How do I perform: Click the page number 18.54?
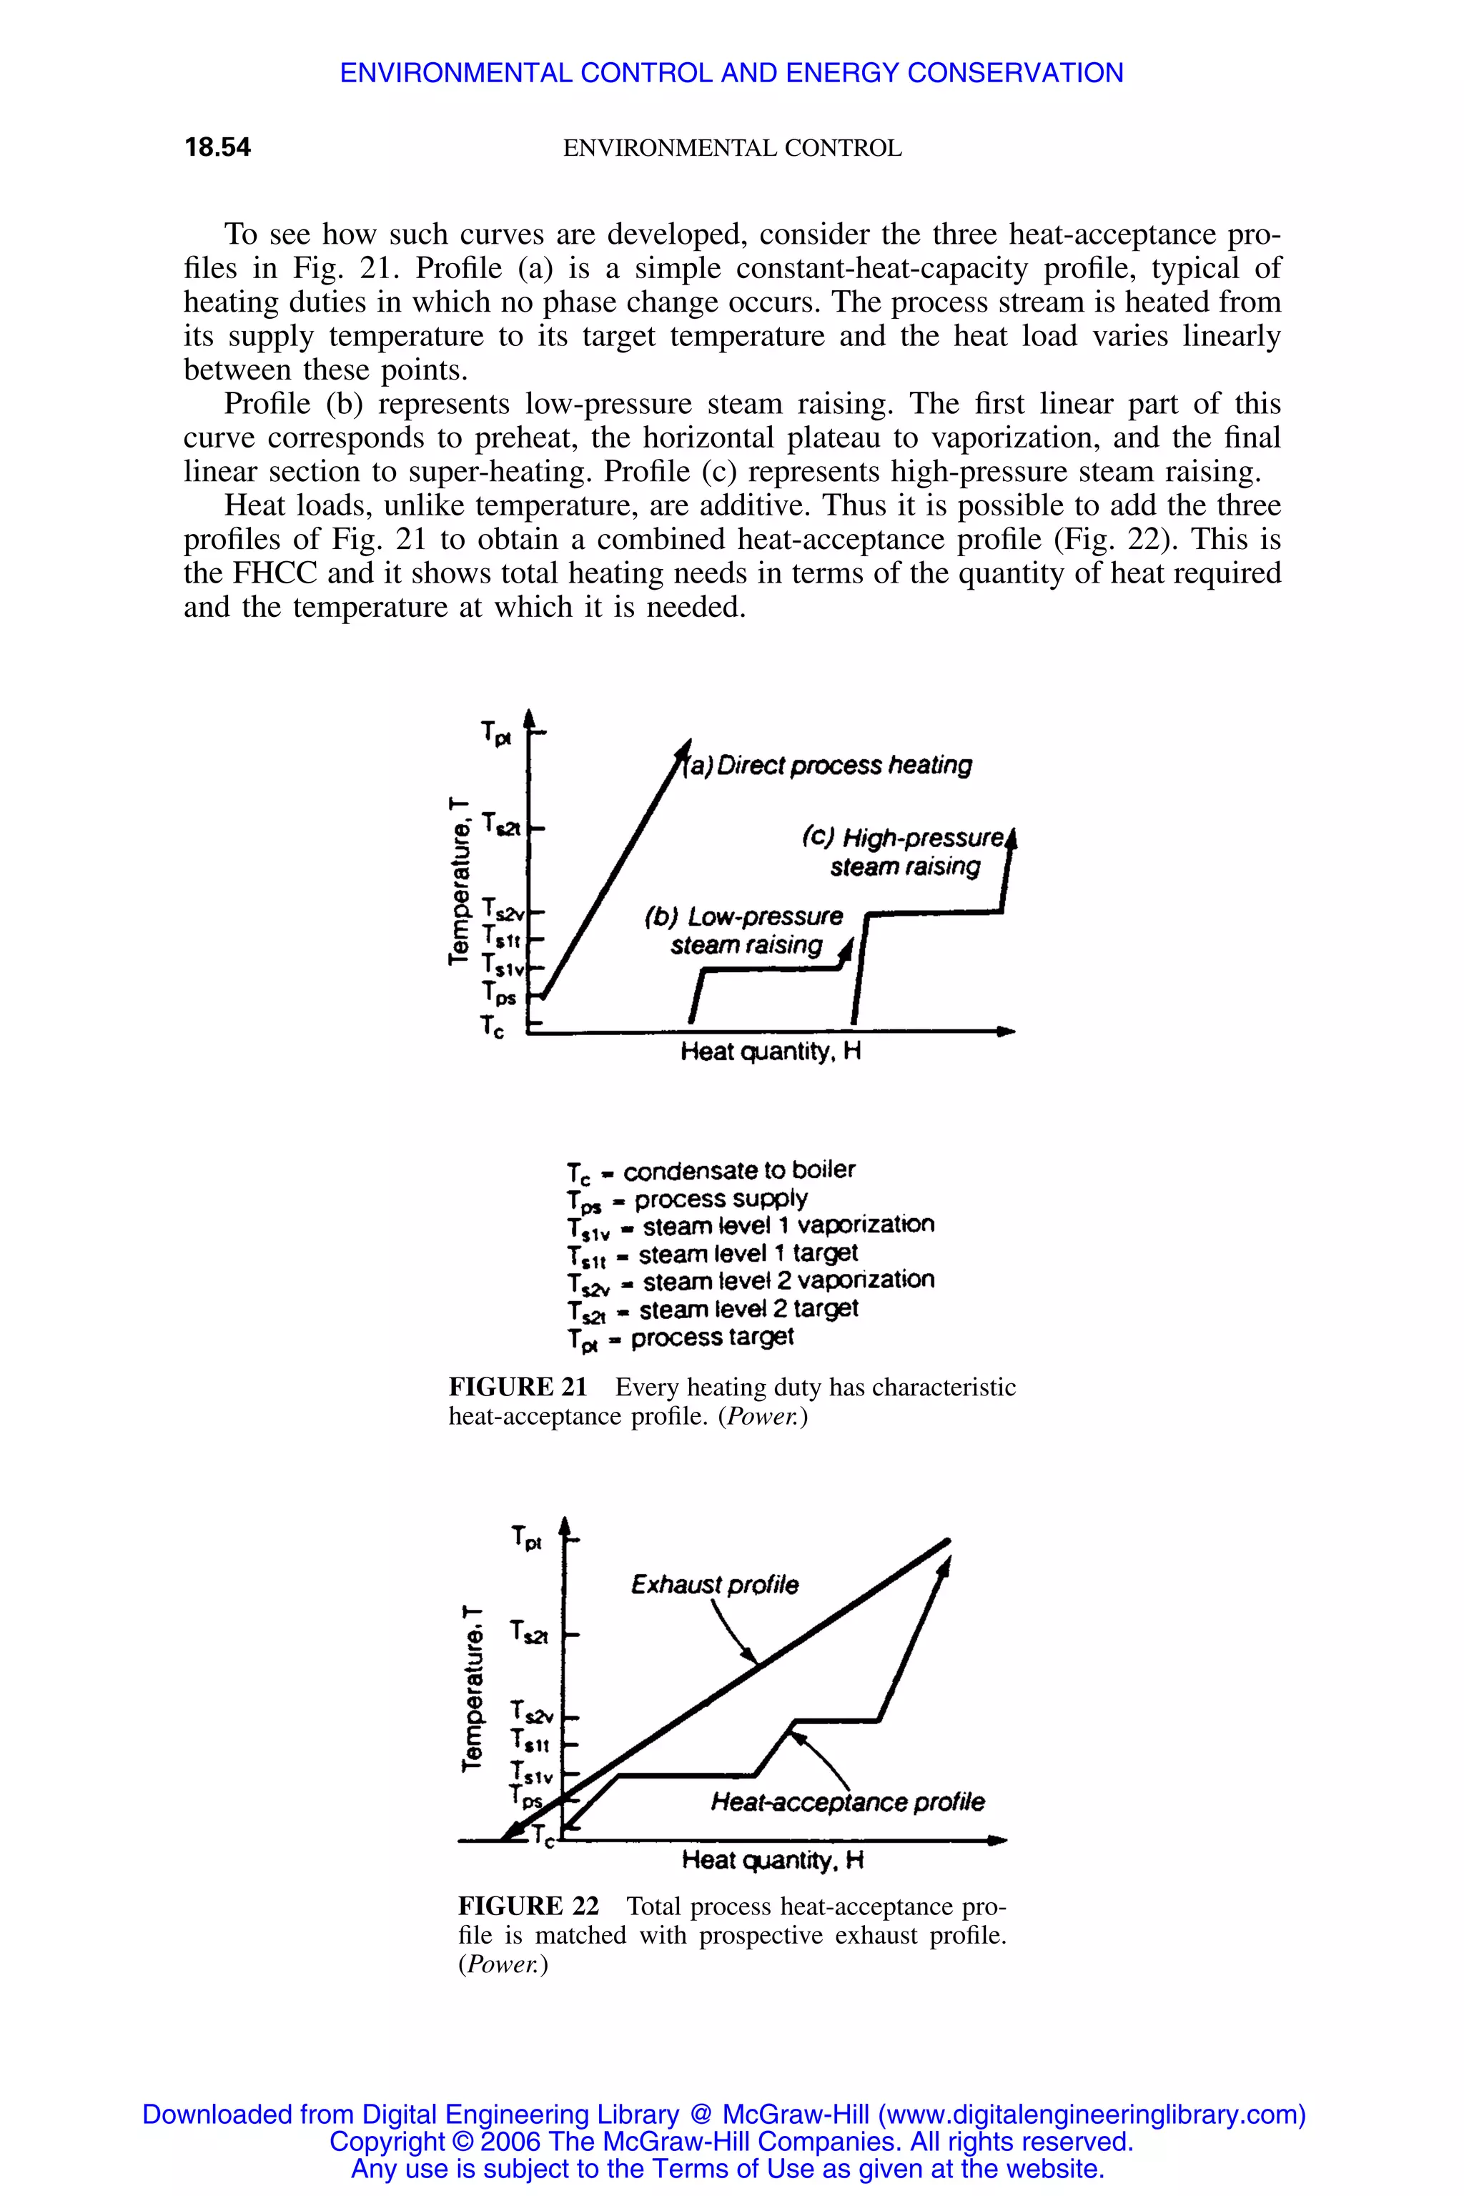tap(217, 147)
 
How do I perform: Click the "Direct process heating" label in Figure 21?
tap(829, 766)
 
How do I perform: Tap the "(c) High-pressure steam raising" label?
tap(904, 851)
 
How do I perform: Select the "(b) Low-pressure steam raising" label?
tap(744, 930)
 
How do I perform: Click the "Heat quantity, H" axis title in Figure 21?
tap(771, 1052)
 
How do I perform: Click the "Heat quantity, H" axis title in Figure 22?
tap(772, 1860)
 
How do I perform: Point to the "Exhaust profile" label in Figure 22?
tap(714, 1584)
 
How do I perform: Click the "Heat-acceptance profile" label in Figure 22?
tap(847, 1801)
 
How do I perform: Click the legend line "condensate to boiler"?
tap(711, 1171)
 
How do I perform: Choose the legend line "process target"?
tap(681, 1338)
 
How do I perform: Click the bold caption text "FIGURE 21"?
tap(518, 1388)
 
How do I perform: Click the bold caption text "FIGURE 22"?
tap(528, 1906)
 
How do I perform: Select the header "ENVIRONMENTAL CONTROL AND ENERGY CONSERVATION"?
tap(731, 73)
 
